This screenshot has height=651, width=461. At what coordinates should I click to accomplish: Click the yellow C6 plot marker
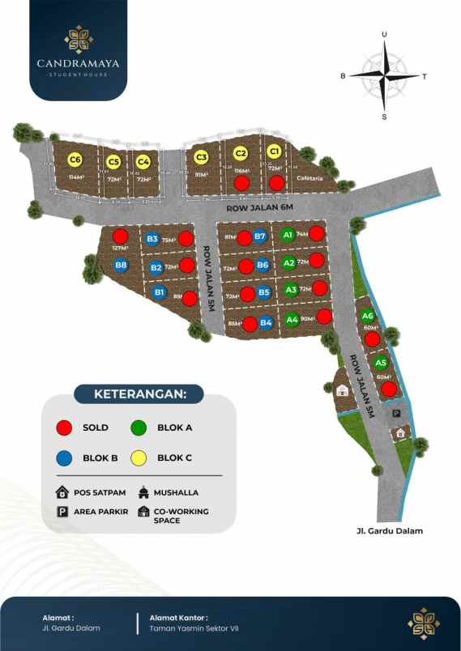coord(75,160)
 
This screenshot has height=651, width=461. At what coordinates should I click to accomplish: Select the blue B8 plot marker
coord(122,265)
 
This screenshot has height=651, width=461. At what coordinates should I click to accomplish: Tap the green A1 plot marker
coord(287,235)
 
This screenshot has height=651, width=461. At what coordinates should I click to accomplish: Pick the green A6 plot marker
coord(368,316)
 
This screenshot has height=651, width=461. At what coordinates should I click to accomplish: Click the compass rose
coord(384,75)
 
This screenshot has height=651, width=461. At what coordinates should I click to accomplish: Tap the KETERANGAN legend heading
coord(140,394)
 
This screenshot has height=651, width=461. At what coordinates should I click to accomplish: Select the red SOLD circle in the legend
coord(65,428)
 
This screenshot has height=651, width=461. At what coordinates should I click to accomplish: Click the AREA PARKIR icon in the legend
coord(62,512)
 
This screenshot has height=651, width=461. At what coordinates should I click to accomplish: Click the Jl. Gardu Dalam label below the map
coord(388,531)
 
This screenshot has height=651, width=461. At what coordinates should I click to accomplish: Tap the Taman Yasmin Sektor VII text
coord(194,628)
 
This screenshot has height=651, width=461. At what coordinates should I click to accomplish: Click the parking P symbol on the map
coord(396,413)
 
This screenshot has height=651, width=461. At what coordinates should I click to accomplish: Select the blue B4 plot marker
coord(266,322)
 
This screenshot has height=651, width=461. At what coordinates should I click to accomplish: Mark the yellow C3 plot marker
coord(202,157)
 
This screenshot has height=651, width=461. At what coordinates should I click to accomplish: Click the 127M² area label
coord(120,248)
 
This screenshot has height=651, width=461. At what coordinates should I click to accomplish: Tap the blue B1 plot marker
coord(160,292)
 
